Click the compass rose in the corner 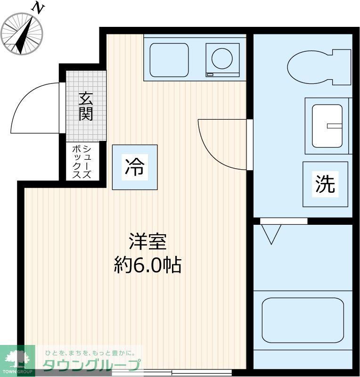[x=21, y=33]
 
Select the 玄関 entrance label [x=86, y=107]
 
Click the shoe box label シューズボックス [x=81, y=162]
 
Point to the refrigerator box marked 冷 [x=135, y=167]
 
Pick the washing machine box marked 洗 [x=325, y=184]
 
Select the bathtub [x=302, y=320]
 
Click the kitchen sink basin [x=169, y=60]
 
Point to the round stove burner [x=222, y=59]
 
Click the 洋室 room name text [x=147, y=243]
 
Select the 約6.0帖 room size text [x=147, y=265]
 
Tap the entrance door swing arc [x=35, y=108]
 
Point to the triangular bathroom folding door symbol [x=271, y=234]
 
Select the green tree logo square [x=17, y=361]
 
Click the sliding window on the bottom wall [x=172, y=372]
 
